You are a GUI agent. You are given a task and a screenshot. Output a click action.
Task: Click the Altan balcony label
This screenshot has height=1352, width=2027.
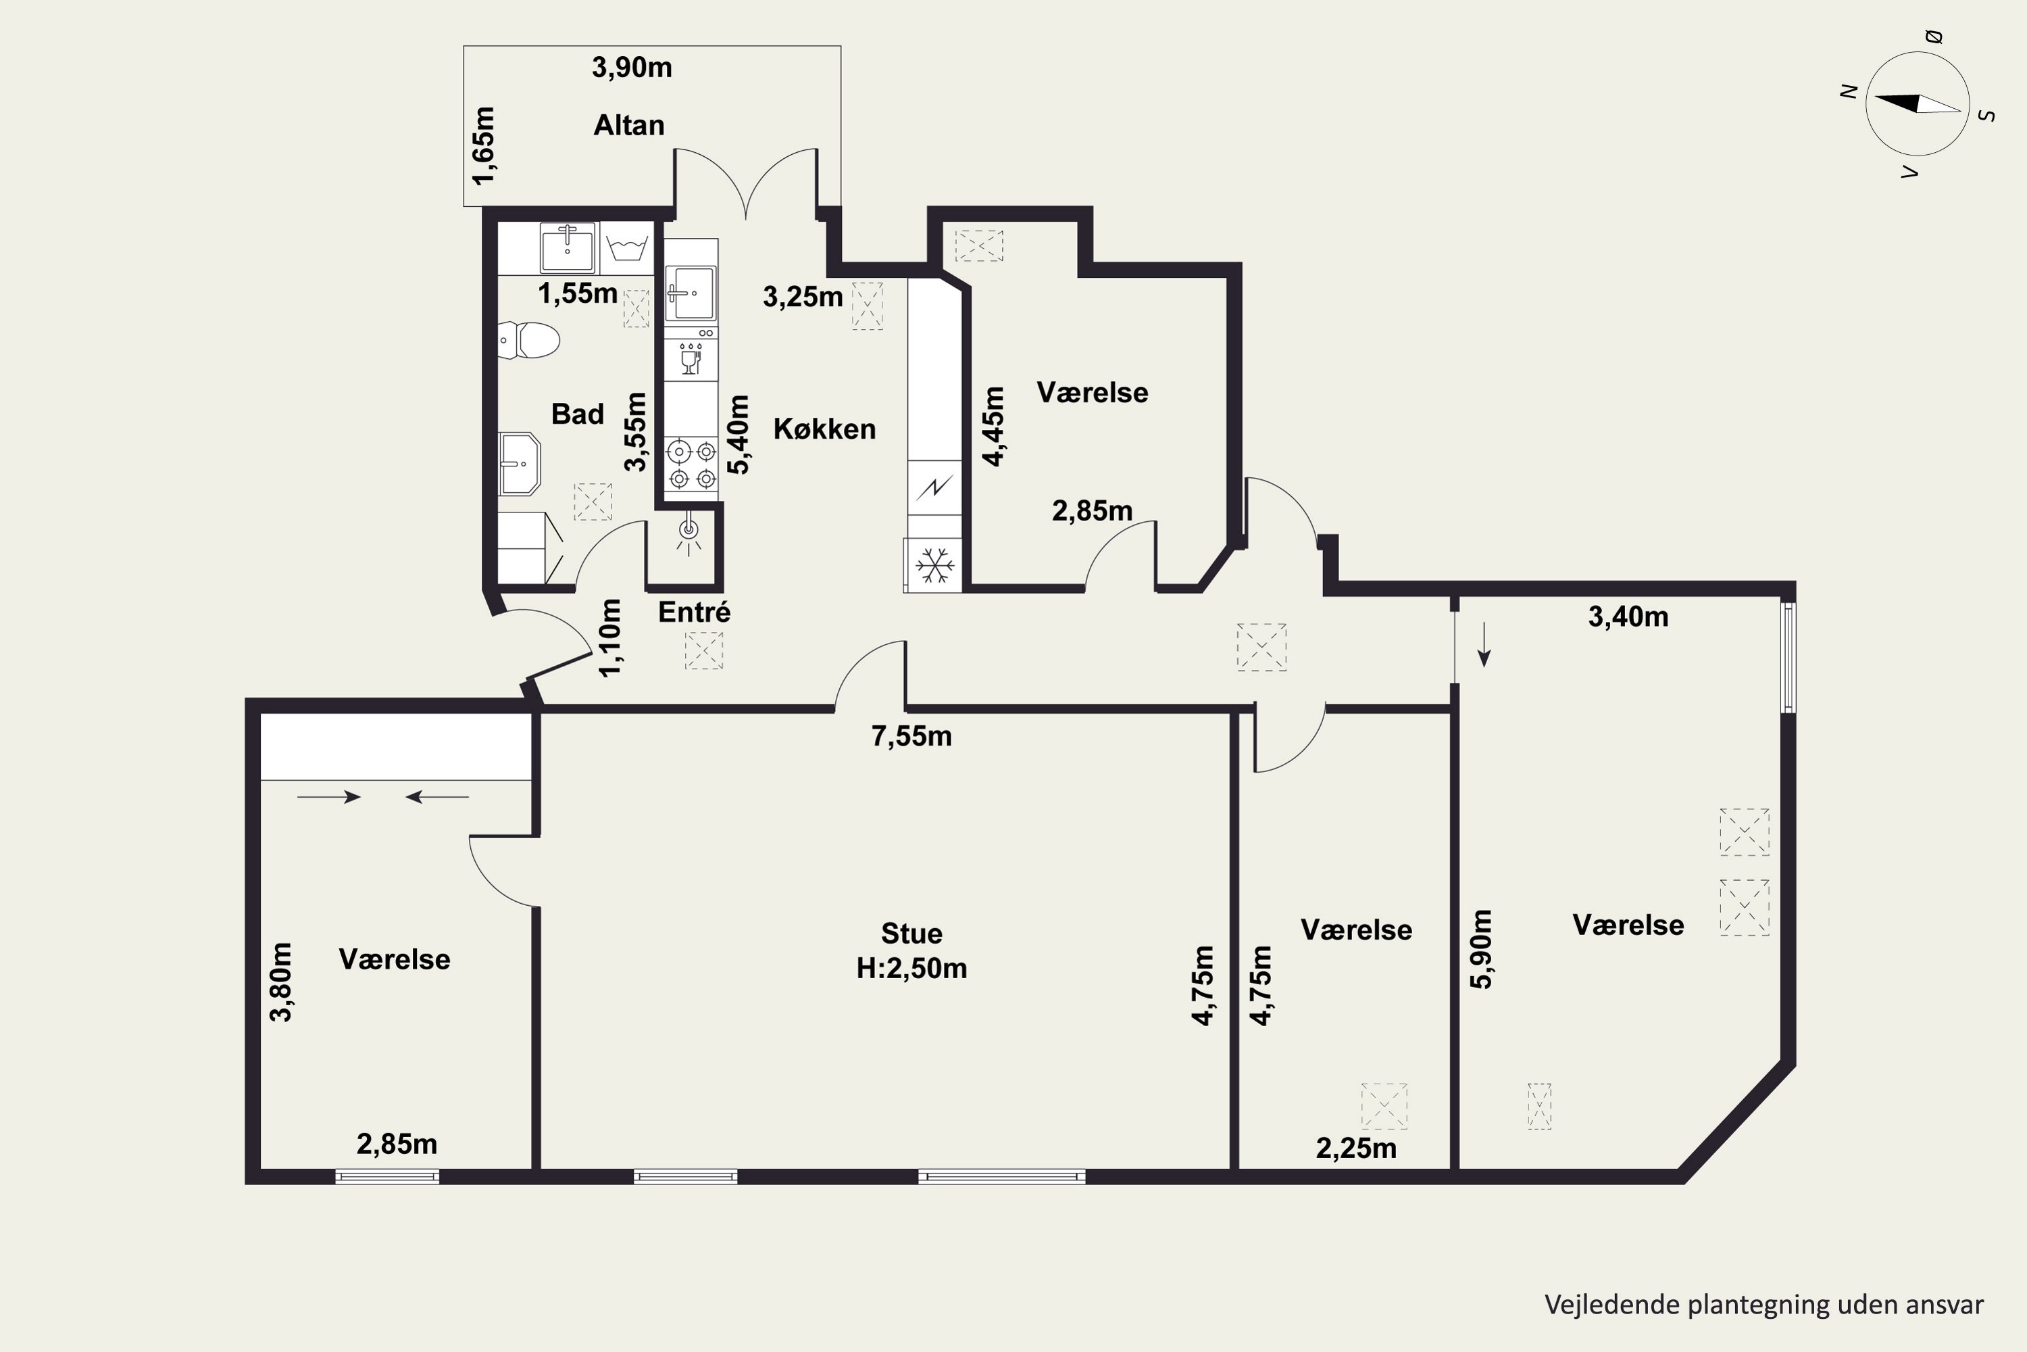(628, 126)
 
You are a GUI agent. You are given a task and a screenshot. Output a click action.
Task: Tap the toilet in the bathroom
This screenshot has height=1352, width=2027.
(528, 340)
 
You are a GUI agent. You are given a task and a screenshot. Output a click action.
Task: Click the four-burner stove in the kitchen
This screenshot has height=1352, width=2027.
(692, 464)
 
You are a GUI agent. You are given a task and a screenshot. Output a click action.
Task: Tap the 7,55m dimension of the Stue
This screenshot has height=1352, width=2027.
(911, 736)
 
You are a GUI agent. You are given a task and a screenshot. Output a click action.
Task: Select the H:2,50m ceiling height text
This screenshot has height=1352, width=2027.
(911, 968)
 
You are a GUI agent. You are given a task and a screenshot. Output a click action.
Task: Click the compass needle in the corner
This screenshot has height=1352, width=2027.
(1918, 103)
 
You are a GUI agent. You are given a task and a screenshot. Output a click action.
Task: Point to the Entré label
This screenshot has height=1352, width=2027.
(694, 612)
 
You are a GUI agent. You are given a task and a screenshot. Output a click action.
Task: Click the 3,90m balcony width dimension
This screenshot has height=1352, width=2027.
(632, 67)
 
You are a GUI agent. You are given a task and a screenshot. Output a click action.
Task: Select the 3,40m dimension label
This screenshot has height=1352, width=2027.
(1628, 617)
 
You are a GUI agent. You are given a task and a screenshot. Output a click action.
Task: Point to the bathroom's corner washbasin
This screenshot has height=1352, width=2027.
(520, 464)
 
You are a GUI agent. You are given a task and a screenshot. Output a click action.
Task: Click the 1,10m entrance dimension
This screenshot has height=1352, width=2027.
(609, 638)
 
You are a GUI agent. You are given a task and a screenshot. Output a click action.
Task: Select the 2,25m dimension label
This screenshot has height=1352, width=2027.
(1355, 1149)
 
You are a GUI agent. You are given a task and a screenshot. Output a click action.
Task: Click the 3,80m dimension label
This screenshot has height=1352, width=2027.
(281, 982)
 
